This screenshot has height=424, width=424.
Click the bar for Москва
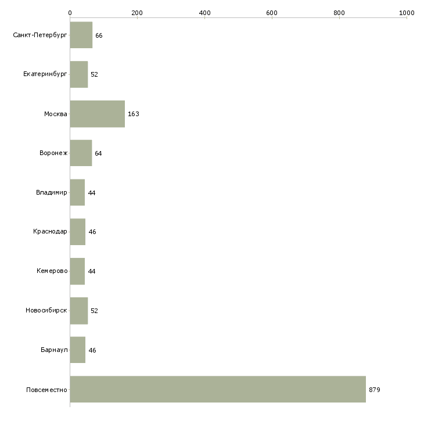coord(98,114)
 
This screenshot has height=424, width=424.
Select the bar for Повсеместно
coord(218,389)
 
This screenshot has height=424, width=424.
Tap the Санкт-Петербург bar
coord(81,35)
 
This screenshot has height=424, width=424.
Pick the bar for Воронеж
coord(81,153)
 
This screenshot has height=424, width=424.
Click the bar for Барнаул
coord(78,350)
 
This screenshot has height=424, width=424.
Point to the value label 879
coord(375,390)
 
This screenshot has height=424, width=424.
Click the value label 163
coord(134,114)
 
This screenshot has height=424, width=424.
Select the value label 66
coord(99,35)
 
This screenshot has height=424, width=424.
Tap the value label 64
coord(98,153)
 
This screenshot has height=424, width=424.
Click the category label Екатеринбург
coord(45,74)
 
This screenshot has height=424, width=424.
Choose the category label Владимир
coord(51,192)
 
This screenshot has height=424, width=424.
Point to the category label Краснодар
coord(50,232)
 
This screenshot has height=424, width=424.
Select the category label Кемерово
coord(52,271)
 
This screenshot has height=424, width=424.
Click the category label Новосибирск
coord(46,310)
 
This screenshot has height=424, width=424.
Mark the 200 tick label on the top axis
coord(137,13)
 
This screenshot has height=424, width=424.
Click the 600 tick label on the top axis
coord(272,13)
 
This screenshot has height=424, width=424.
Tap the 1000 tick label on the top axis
coord(407,13)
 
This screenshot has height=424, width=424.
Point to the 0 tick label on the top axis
coord(70,13)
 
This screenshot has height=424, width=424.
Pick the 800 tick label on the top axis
coord(339,13)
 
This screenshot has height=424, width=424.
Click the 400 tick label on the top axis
coord(204,13)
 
